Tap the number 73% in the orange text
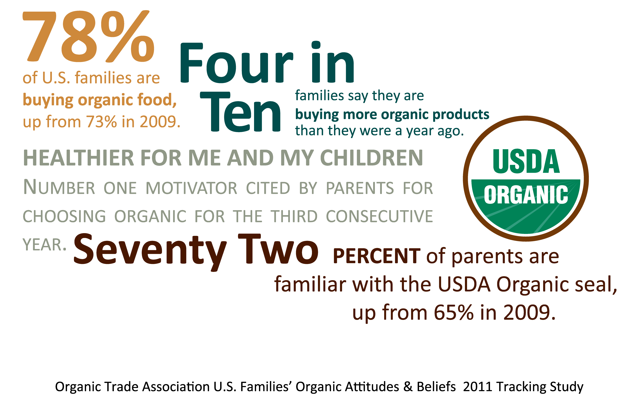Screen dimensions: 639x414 pyautogui.click(x=101, y=122)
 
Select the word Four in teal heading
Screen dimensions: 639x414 pyautogui.click(x=236, y=63)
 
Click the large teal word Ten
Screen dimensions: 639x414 pyautogui.click(x=240, y=111)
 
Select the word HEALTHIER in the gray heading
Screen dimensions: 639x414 pyautogui.click(x=79, y=158)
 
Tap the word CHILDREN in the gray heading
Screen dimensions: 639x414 pyautogui.click(x=372, y=158)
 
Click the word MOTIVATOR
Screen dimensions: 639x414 pyautogui.click(x=192, y=188)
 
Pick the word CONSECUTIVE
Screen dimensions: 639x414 pyautogui.click(x=379, y=216)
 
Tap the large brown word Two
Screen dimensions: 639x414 pyautogui.click(x=278, y=249)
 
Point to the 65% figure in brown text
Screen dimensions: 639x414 pyautogui.click(x=454, y=313)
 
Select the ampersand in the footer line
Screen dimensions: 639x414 pyautogui.click(x=408, y=387)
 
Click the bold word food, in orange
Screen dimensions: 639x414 pyautogui.click(x=157, y=100)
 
